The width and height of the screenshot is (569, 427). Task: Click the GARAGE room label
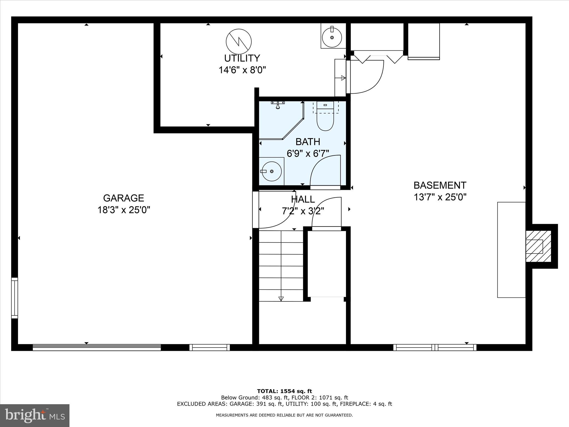(123, 198)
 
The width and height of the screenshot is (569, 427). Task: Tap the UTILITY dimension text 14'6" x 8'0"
(242, 70)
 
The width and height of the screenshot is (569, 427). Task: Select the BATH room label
(308, 142)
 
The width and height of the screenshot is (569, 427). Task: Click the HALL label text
(303, 199)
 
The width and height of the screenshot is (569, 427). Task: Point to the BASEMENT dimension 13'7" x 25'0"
(440, 197)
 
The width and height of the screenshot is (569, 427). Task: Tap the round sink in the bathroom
(272, 172)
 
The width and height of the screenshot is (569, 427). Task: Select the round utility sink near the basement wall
(332, 37)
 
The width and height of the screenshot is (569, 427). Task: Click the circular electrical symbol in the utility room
(239, 41)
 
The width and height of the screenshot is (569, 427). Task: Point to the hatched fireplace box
(538, 246)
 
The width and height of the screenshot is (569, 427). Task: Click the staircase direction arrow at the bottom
(281, 299)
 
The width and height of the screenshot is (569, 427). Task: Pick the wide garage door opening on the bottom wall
(97, 347)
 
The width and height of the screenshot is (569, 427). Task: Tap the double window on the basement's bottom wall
(435, 347)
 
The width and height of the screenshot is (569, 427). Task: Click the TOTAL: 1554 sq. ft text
(284, 391)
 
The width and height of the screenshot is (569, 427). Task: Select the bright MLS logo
(35, 415)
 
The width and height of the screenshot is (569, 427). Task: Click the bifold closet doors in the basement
(378, 58)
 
